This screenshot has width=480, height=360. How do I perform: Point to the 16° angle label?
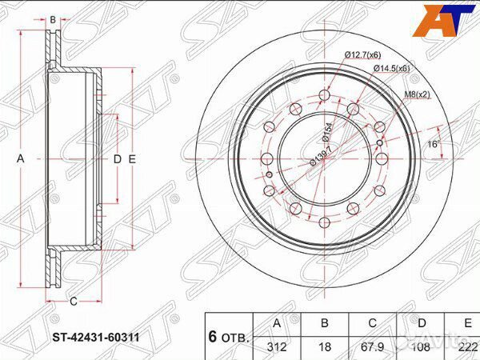(x=434, y=145)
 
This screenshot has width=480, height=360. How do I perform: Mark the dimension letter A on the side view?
(x=21, y=160)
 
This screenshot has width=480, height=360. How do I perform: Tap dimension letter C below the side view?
(x=73, y=302)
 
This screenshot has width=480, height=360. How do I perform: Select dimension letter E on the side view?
(x=132, y=160)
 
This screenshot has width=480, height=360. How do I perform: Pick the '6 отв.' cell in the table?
(x=229, y=337)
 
